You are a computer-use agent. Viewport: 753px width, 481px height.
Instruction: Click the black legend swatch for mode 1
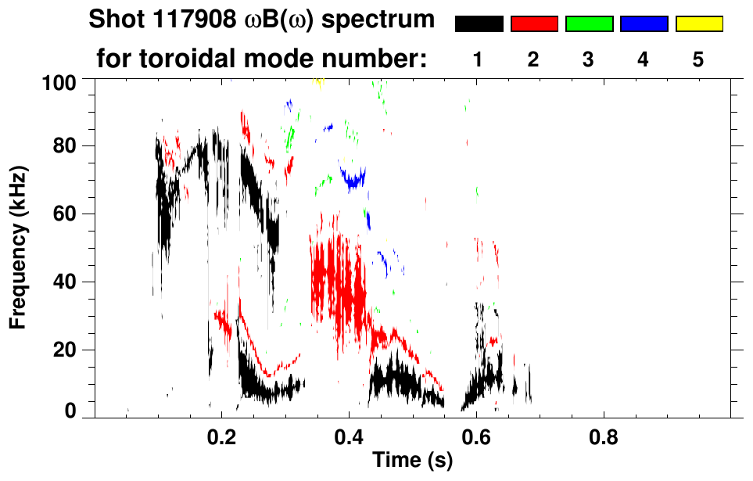point(479,24)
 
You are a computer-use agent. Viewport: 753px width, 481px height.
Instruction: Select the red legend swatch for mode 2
point(534,24)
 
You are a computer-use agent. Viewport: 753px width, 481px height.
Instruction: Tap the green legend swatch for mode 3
point(589,24)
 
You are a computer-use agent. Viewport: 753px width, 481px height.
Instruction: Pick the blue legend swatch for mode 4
point(644,24)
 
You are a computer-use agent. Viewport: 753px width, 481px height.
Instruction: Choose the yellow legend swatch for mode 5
point(698,24)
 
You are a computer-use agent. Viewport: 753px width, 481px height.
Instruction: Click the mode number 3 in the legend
point(589,59)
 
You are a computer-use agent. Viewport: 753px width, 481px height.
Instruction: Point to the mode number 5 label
point(698,59)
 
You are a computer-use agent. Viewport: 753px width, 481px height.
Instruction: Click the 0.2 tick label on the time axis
point(222,437)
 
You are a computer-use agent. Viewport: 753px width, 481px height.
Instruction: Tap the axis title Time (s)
point(411,462)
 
